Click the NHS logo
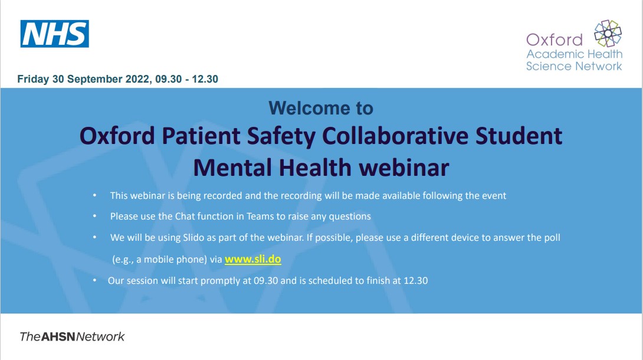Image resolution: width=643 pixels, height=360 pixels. (54, 34)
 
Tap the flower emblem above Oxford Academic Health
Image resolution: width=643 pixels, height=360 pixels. (608, 33)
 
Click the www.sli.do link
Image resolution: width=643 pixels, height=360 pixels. (253, 259)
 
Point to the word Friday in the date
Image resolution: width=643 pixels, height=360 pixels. (33, 79)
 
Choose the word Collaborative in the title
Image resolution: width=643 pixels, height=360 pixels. (395, 136)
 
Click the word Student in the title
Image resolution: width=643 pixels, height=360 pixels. (519, 136)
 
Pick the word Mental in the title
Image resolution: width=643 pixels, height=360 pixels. (232, 168)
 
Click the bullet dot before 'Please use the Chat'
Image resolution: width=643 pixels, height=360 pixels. (95, 216)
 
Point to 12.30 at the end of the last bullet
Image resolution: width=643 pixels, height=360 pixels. (416, 281)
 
